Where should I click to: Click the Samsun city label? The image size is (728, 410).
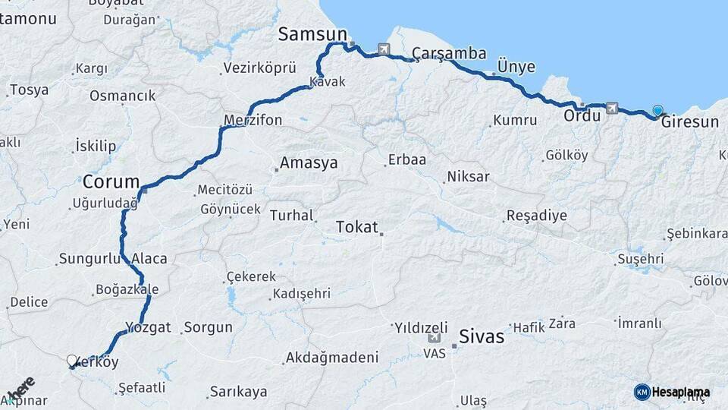tap(312, 34)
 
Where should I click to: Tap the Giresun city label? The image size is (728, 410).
tap(689, 121)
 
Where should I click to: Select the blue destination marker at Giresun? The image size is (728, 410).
tap(657, 111)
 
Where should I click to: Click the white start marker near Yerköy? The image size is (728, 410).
tap(72, 361)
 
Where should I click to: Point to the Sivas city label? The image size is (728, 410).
tap(482, 337)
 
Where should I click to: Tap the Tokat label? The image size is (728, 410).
tap(356, 227)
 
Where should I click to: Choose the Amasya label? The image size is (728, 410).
tap(309, 163)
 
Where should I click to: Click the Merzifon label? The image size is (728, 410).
tap(253, 120)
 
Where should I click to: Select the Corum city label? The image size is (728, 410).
tap(111, 182)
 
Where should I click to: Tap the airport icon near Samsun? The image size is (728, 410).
tap(384, 50)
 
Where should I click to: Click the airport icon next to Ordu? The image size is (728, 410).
tap(611, 109)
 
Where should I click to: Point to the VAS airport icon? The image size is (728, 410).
tap(434, 339)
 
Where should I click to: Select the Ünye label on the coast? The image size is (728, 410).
tap(516, 67)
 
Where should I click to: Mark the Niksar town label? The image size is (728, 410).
tap(469, 177)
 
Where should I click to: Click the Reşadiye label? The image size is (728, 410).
tap(536, 216)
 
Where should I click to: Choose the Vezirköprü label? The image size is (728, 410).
tap(259, 68)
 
